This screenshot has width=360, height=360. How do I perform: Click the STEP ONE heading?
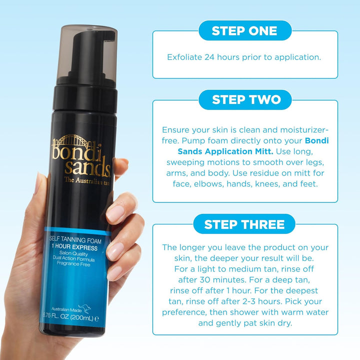[x=245, y=30]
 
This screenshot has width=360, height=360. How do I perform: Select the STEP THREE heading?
[x=245, y=224]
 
